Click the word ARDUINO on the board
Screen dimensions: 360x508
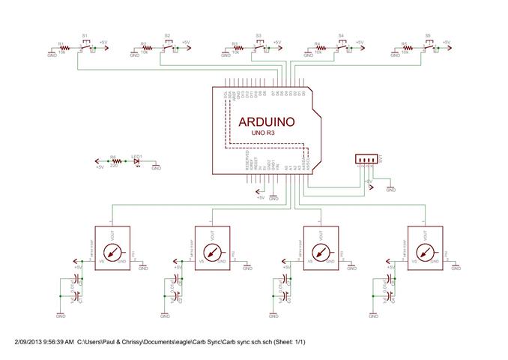tap(266, 121)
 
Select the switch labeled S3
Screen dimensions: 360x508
tap(259, 47)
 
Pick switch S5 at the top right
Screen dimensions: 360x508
tap(429, 47)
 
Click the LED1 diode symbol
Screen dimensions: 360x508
tap(136, 161)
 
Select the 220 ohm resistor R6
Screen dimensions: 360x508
tap(114, 161)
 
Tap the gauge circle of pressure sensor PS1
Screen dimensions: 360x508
tap(112, 253)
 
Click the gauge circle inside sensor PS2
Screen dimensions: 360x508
tap(214, 253)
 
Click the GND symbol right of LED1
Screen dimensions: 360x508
tap(156, 166)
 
